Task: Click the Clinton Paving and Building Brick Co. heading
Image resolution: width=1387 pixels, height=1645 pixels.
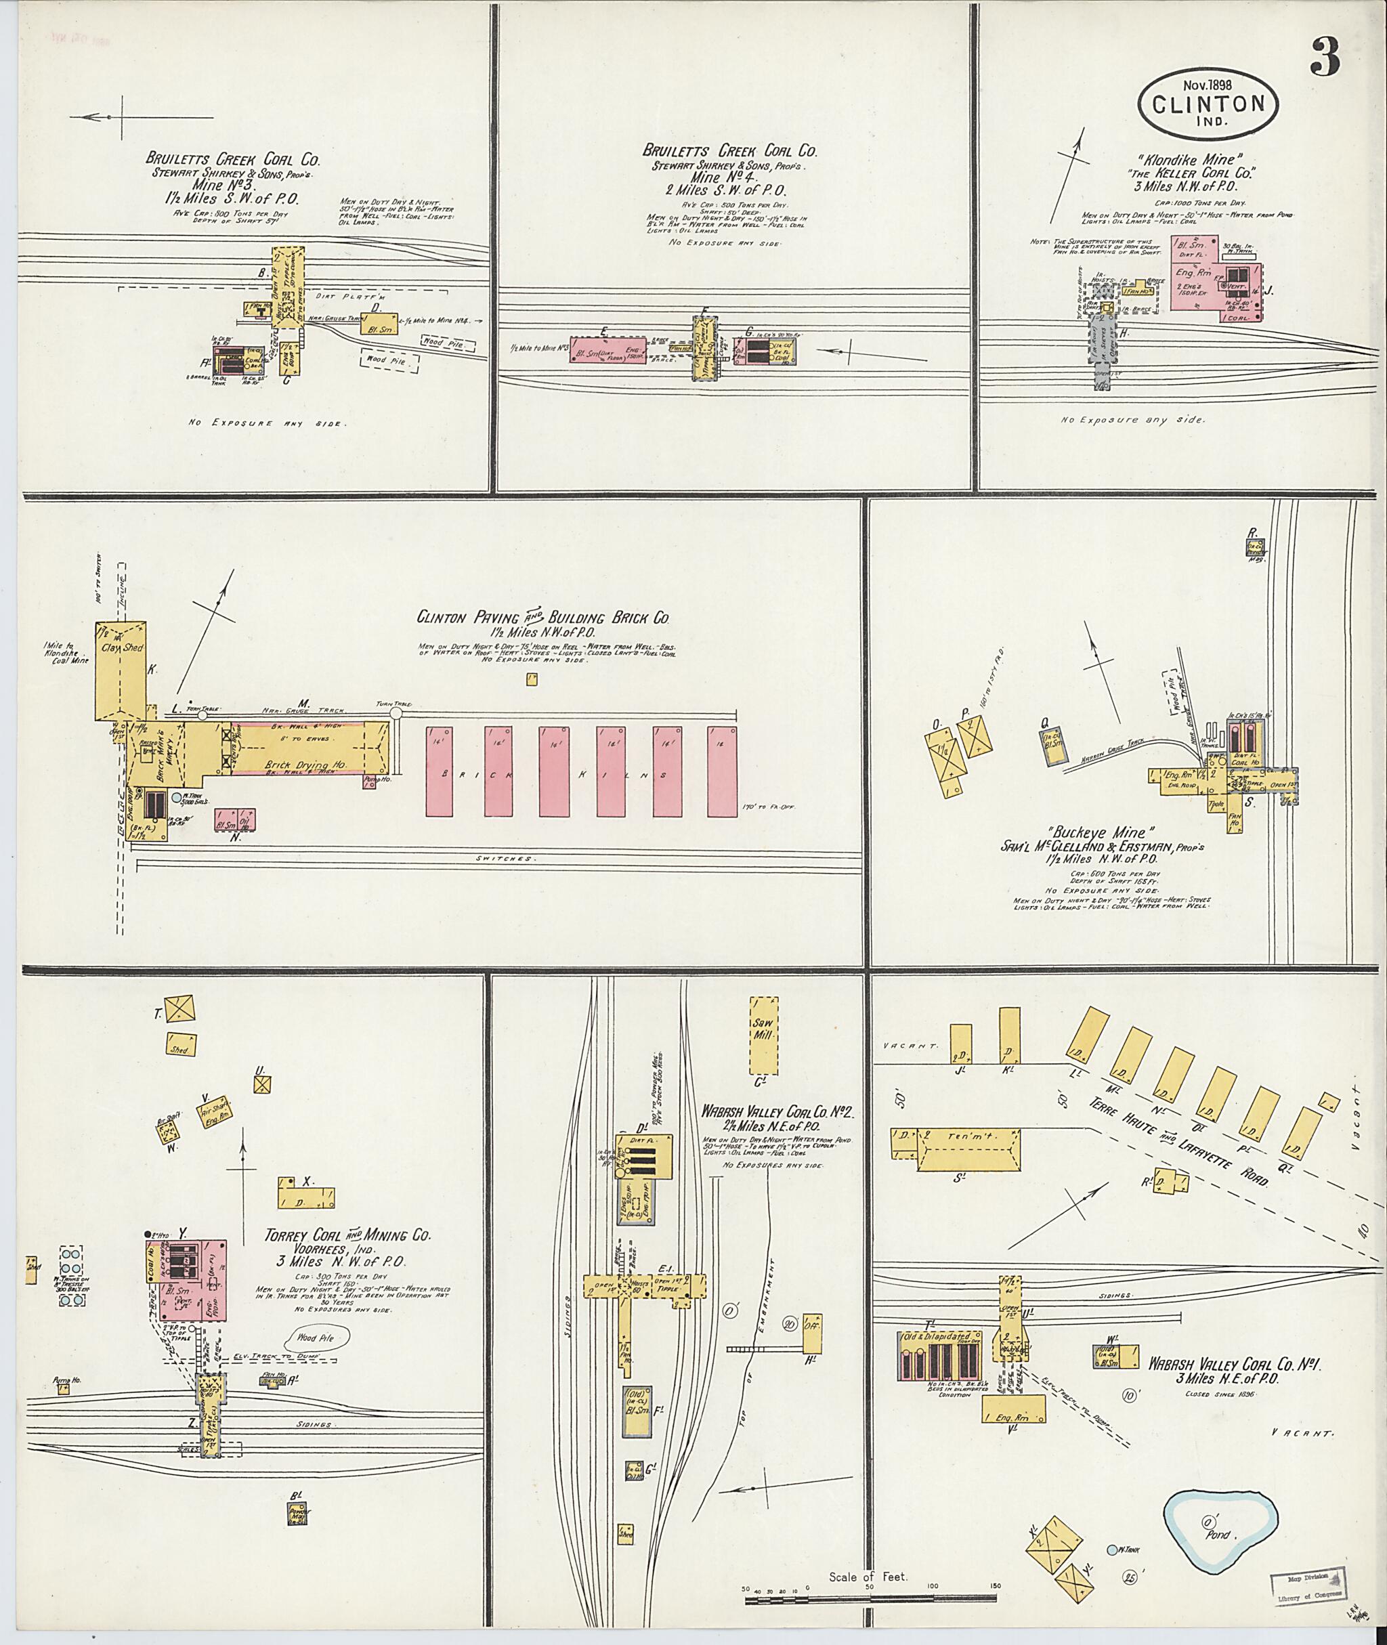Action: pyautogui.click(x=542, y=617)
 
